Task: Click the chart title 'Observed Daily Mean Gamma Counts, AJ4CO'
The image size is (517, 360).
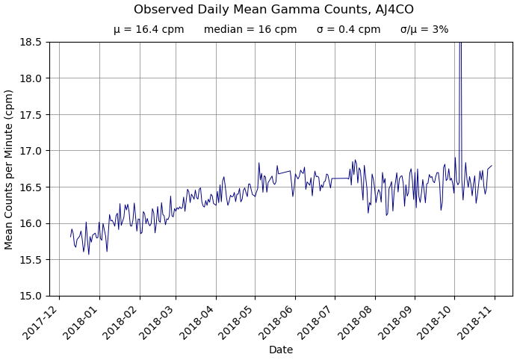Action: [273, 10]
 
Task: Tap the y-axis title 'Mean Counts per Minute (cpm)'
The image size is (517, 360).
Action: [9, 169]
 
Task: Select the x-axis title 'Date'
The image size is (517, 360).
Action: [281, 350]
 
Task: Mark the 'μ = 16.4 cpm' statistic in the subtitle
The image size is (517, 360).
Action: [149, 30]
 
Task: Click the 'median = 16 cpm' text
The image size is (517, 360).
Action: [250, 30]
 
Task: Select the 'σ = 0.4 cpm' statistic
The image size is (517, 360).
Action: [348, 30]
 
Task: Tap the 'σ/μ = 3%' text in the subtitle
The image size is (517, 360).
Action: [424, 30]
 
